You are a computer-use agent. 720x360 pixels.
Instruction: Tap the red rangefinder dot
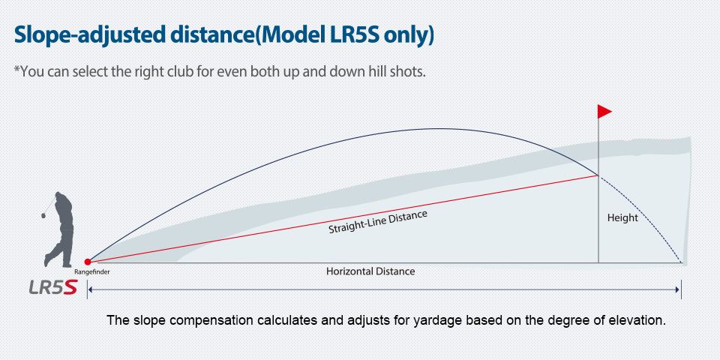[x=88, y=262]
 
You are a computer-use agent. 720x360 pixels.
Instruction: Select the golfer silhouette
[x=58, y=229]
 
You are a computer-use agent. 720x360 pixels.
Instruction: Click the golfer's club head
[x=43, y=215]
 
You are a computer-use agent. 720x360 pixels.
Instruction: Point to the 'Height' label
[x=622, y=217]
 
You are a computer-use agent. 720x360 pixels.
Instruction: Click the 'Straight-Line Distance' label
[x=378, y=222]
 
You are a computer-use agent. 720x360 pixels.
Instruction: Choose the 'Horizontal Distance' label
[x=370, y=271]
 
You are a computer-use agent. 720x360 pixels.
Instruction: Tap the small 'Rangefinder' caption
[x=91, y=271]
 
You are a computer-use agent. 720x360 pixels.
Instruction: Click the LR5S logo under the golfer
[x=52, y=287]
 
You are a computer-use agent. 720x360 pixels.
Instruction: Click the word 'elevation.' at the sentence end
[x=642, y=319]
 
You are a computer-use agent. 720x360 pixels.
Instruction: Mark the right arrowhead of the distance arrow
[x=676, y=289]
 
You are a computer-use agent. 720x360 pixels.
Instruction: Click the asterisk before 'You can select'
[x=17, y=69]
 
